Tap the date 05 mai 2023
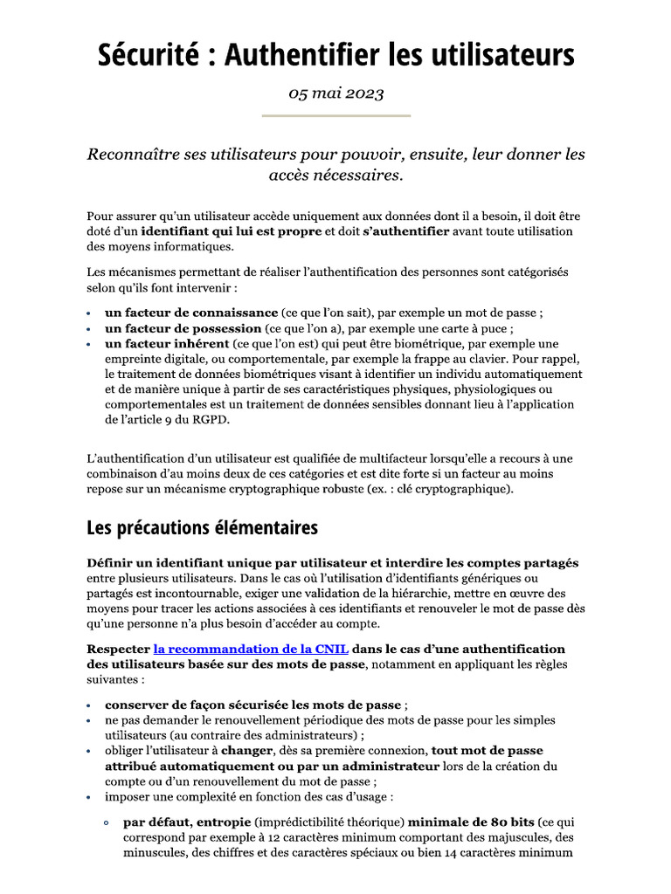[335, 94]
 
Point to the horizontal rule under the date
[335, 115]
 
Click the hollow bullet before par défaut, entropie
[106, 822]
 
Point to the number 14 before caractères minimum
[473, 853]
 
